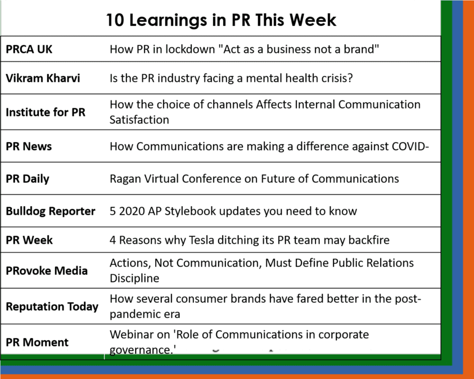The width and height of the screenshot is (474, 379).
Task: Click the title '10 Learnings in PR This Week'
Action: pyautogui.click(x=221, y=20)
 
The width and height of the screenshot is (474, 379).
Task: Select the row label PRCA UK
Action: pyautogui.click(x=29, y=49)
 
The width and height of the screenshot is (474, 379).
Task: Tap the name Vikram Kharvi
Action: pyautogui.click(x=43, y=78)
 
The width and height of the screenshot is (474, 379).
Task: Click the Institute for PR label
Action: pyautogui.click(x=46, y=112)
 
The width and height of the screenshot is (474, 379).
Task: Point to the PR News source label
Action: pyautogui.click(x=29, y=147)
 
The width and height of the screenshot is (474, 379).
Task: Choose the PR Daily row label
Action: pyautogui.click(x=28, y=179)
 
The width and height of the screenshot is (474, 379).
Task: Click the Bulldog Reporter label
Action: pyautogui.click(x=51, y=211)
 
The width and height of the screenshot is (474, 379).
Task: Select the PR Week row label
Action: pyautogui.click(x=29, y=240)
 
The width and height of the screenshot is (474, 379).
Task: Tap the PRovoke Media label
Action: pyautogui.click(x=47, y=271)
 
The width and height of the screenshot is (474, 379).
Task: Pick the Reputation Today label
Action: pyautogui.click(x=52, y=307)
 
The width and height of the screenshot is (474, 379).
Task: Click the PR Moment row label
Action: pyautogui.click(x=37, y=342)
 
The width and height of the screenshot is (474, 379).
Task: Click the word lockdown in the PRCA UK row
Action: pyautogui.click(x=190, y=49)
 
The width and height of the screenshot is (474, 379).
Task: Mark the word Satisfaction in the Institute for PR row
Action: pyautogui.click(x=139, y=120)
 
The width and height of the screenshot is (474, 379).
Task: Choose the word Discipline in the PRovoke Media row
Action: pyautogui.click(x=134, y=278)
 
